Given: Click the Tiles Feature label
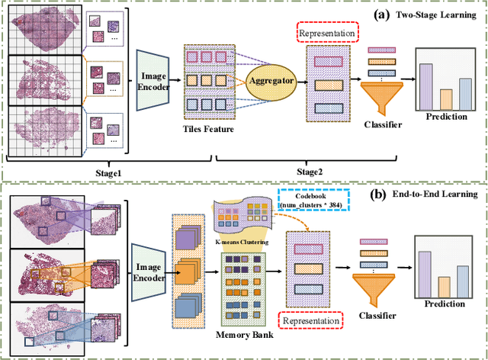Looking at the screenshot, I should [209, 130].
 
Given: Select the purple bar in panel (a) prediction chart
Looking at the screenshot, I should [425, 86].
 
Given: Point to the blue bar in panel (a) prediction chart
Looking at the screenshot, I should [464, 93].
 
